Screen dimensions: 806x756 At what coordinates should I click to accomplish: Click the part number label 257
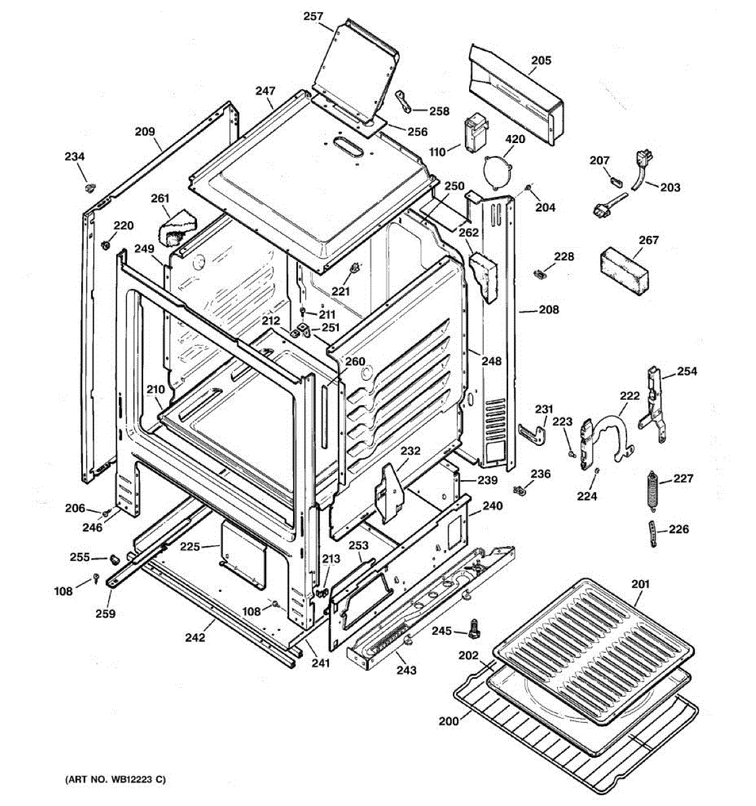pyautogui.click(x=313, y=17)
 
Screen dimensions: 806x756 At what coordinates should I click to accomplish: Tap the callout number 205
pyautogui.click(x=541, y=60)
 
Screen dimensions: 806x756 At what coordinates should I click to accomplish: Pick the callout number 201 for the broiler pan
pyautogui.click(x=640, y=584)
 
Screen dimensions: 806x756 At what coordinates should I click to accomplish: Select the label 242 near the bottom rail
pyautogui.click(x=195, y=637)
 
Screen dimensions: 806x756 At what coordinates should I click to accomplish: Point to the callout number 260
pyautogui.click(x=355, y=361)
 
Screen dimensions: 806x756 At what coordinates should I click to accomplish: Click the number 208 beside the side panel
pyautogui.click(x=549, y=310)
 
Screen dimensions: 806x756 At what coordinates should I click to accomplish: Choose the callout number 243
pyautogui.click(x=406, y=670)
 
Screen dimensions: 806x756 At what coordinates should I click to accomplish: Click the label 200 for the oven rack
pyautogui.click(x=448, y=721)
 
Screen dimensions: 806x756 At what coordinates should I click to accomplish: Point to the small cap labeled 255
pyautogui.click(x=114, y=558)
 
